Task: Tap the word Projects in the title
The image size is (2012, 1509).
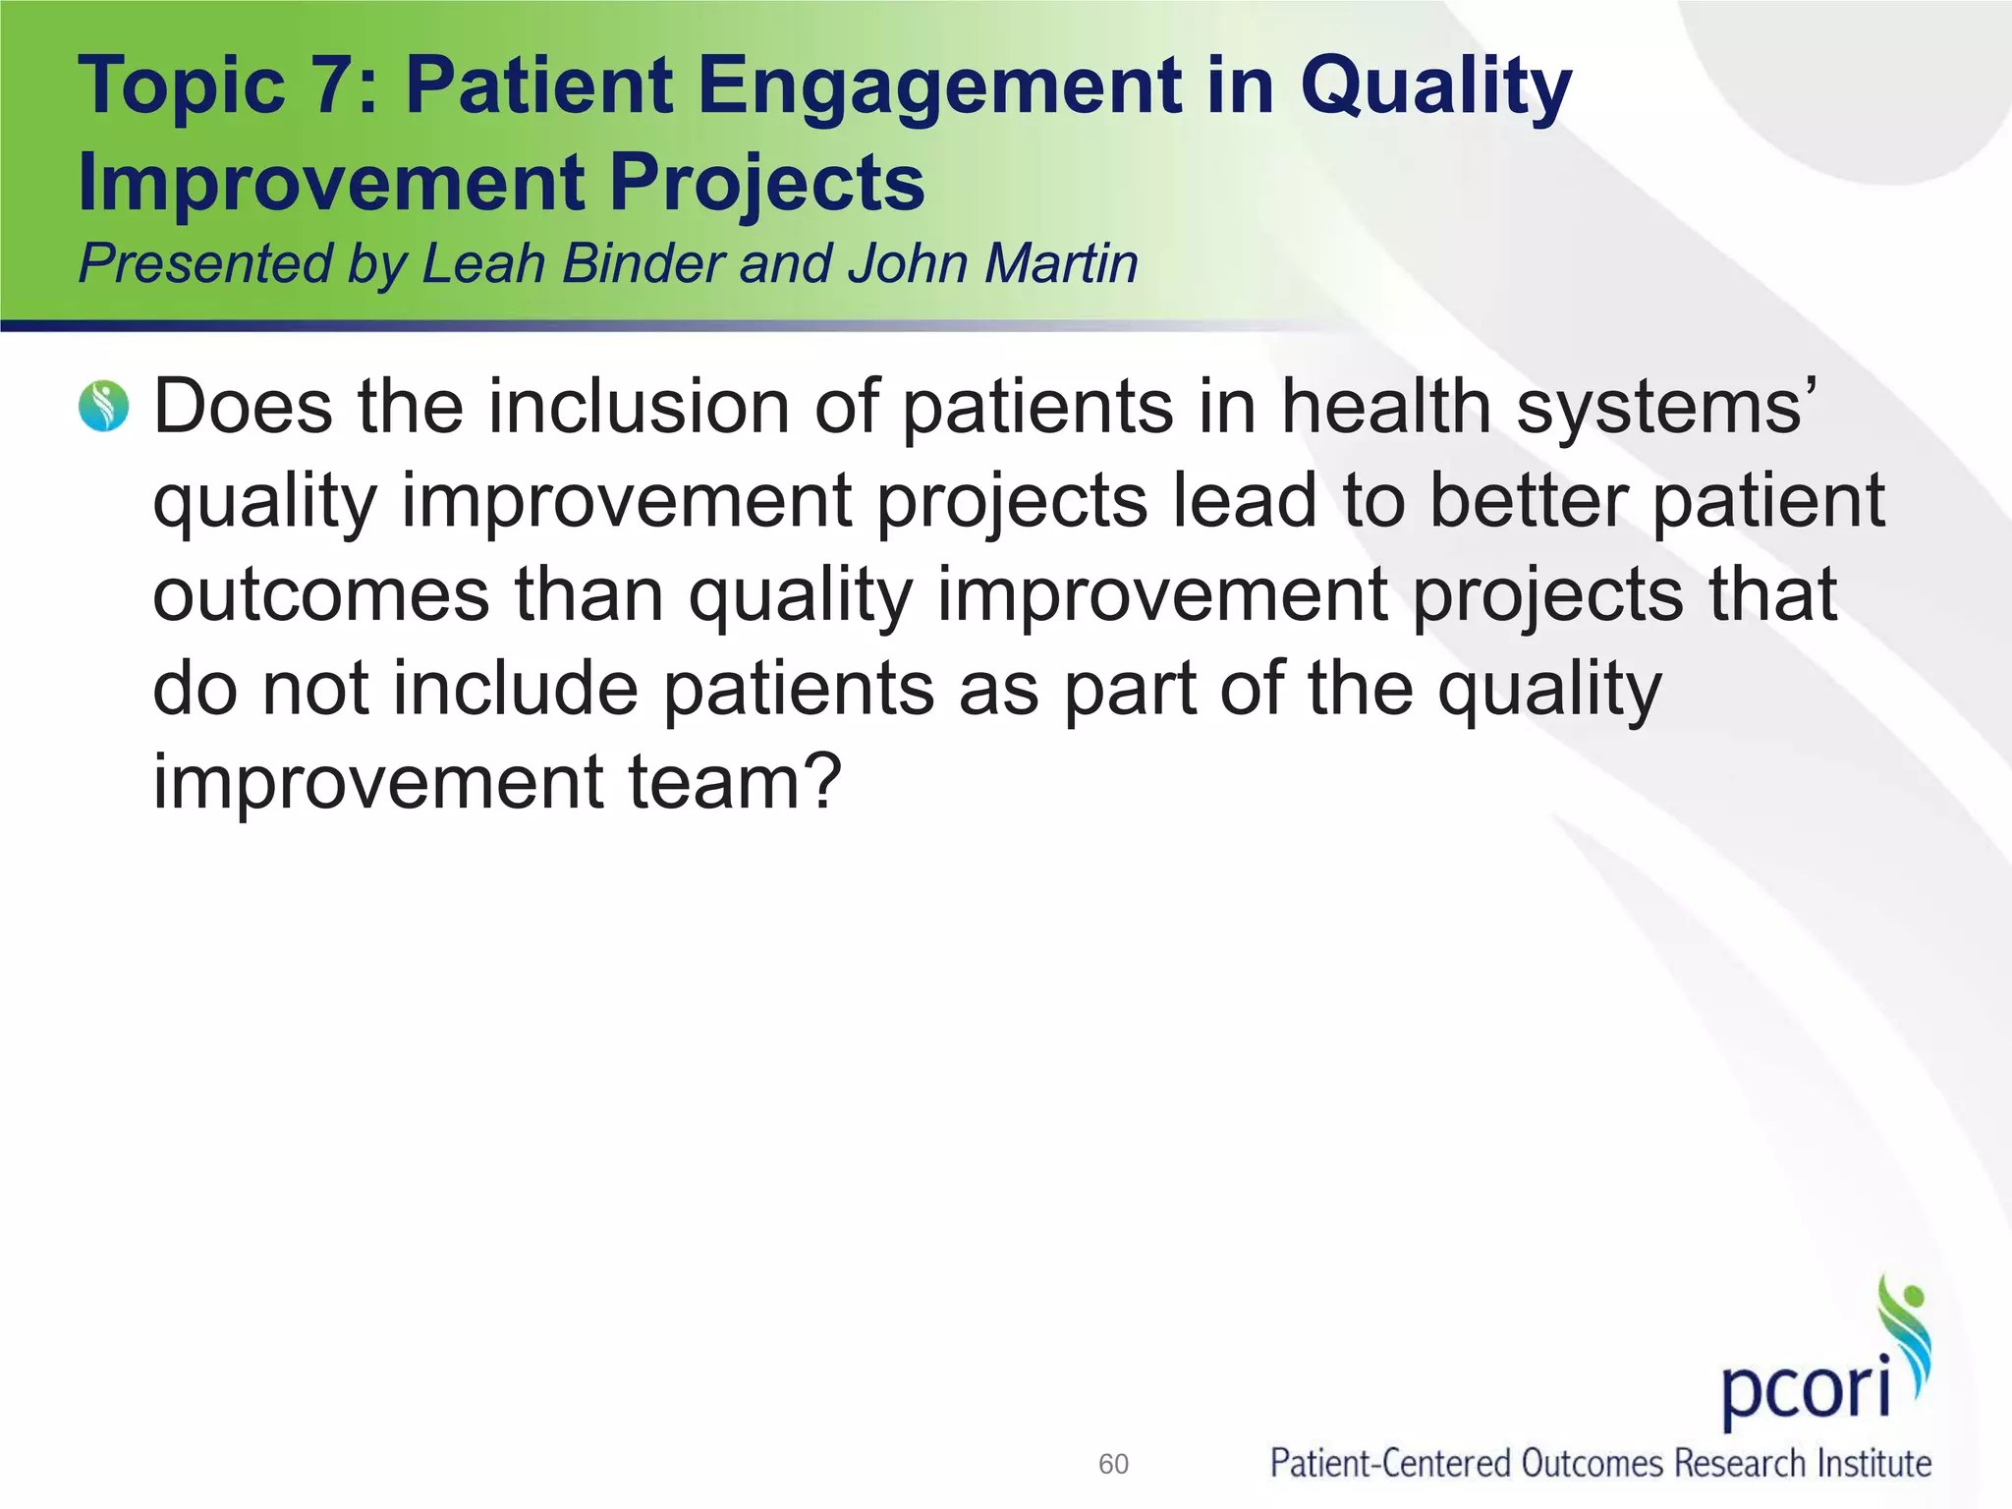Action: tap(767, 183)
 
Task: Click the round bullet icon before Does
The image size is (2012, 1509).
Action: tap(104, 407)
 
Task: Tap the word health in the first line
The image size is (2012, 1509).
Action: tap(1385, 407)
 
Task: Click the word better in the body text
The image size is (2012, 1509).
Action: tap(1527, 501)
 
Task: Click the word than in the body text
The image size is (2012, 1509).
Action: tap(589, 595)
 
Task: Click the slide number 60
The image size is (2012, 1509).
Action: tap(1113, 1464)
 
